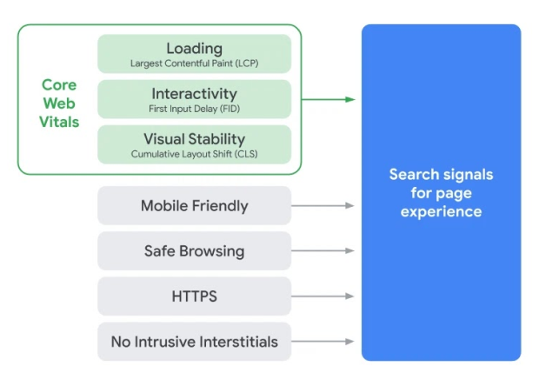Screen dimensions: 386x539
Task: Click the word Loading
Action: click(194, 48)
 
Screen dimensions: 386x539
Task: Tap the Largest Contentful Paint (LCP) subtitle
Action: click(194, 63)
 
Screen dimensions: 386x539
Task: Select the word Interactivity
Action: click(194, 93)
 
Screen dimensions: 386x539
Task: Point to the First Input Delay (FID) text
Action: click(194, 109)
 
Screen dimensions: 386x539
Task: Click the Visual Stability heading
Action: click(194, 138)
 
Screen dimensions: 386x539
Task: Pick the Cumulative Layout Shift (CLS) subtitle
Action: click(194, 154)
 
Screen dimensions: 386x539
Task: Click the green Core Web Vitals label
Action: click(59, 103)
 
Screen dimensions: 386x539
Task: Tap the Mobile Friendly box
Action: click(194, 206)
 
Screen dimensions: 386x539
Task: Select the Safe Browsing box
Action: click(194, 251)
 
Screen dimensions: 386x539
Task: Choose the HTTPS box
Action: click(194, 296)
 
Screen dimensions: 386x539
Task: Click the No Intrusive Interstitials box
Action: click(194, 342)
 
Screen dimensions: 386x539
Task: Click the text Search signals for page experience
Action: click(441, 193)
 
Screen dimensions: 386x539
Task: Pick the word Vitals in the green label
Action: click(59, 122)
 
